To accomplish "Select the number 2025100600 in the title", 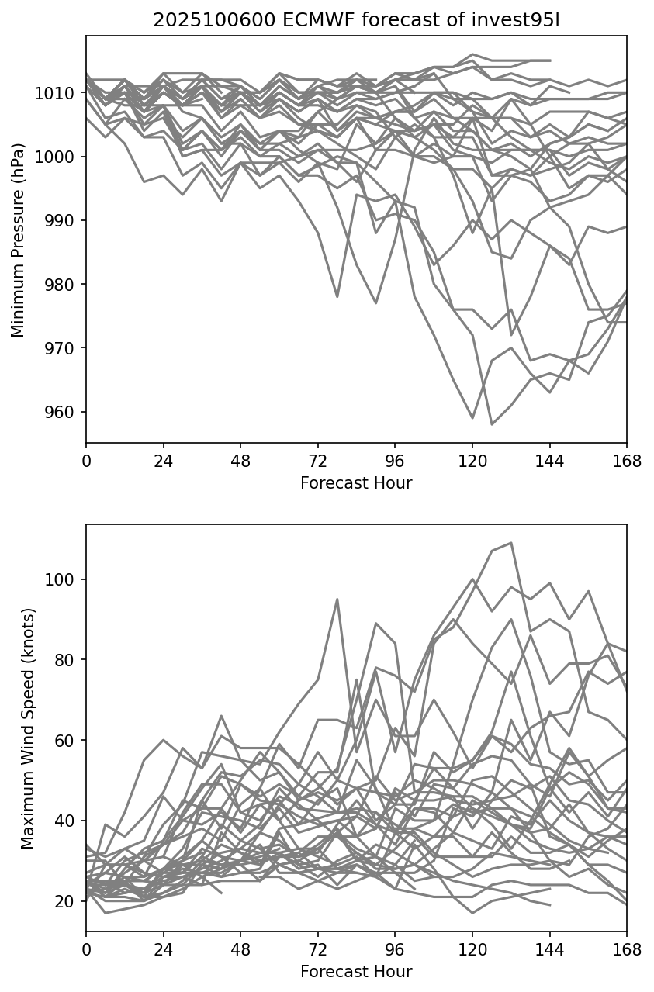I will pos(209,20).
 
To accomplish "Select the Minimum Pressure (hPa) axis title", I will pos(18,240).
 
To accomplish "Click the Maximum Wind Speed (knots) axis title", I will pos(27,728).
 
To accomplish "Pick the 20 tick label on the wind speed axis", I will pos(68,901).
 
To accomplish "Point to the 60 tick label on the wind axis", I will pos(68,741).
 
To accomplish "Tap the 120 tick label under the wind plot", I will pos(472,950).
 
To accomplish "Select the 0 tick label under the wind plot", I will pos(86,950).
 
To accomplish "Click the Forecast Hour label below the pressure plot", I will pos(356,483).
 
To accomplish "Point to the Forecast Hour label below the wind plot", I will pos(356,971).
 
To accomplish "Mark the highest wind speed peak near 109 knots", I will pos(511,543).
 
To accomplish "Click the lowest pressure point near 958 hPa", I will pos(492,424).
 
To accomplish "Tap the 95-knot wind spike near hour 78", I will pos(337,599).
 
